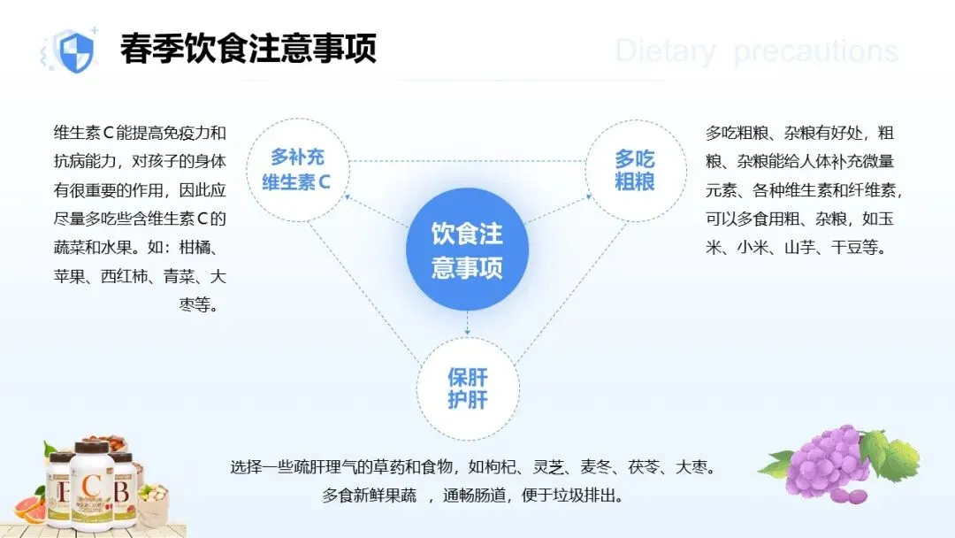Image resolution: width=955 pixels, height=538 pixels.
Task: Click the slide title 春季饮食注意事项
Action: pos(248,50)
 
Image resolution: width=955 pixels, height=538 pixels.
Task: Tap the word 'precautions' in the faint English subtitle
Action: pos(815,51)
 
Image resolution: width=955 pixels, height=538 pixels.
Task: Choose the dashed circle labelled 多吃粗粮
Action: pos(635,170)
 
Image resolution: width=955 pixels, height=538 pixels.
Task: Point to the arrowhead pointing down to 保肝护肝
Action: pos(467,332)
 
